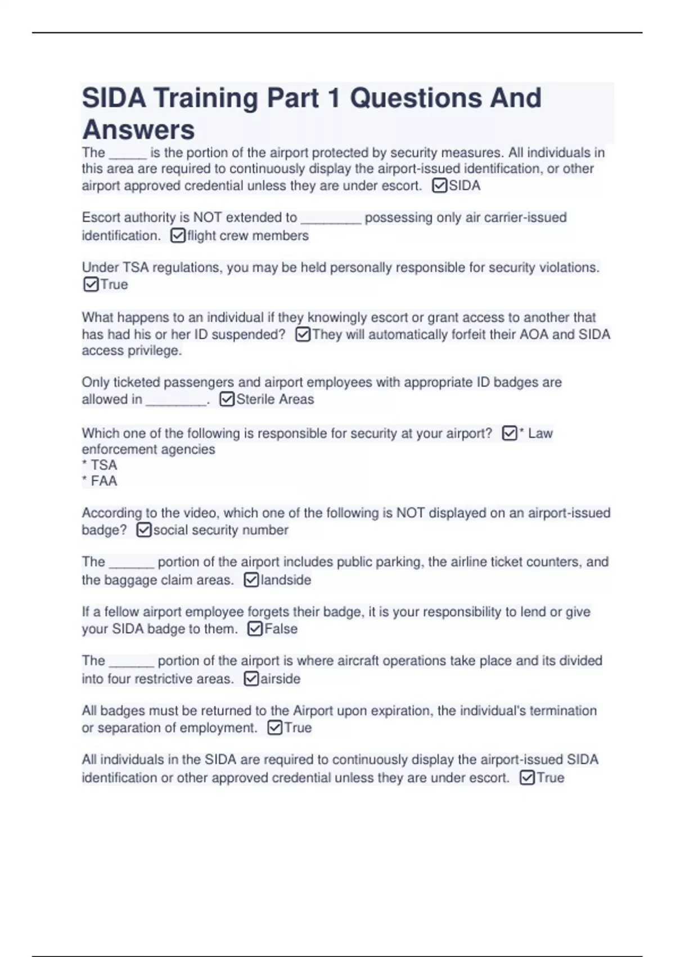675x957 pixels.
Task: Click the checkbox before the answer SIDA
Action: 439,186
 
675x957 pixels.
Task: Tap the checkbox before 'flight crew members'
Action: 178,235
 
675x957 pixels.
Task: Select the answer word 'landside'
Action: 286,580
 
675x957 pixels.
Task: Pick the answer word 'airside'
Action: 280,679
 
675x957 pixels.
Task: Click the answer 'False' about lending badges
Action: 281,629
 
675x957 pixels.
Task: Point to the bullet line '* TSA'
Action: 100,465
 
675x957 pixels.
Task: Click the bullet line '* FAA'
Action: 100,481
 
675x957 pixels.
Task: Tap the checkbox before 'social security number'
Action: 144,530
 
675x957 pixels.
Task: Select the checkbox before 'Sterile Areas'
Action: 227,399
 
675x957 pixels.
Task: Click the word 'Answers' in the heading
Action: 138,129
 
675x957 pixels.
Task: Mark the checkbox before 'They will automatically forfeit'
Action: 303,334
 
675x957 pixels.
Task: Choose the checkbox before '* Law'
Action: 509,433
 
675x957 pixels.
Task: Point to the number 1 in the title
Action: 333,98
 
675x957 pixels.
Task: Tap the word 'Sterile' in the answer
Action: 254,399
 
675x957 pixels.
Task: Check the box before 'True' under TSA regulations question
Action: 91,284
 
